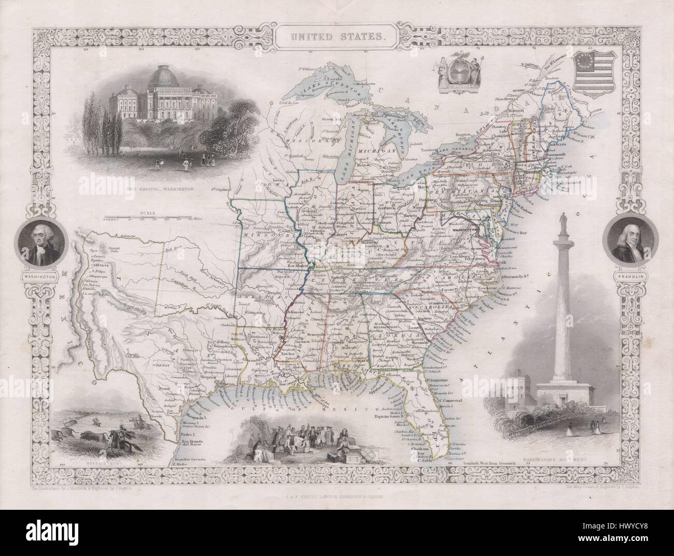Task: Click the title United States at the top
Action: [x=336, y=37]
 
